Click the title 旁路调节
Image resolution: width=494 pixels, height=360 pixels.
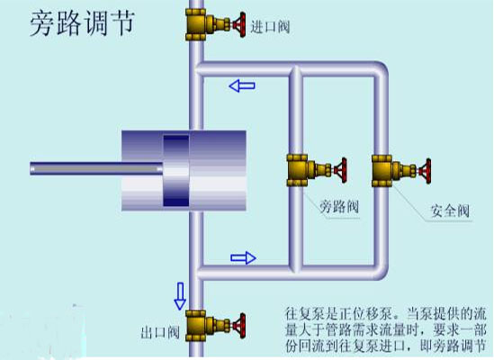click(x=83, y=23)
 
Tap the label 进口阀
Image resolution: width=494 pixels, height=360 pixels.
click(x=270, y=27)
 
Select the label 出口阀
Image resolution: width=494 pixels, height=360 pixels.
click(x=160, y=332)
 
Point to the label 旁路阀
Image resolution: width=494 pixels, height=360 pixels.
click(x=339, y=207)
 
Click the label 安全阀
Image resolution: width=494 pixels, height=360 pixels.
click(x=450, y=211)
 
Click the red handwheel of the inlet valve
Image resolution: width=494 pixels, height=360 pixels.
click(x=241, y=25)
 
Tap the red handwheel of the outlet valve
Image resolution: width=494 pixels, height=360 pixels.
click(x=241, y=326)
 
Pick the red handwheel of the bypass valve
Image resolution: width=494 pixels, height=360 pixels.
click(x=342, y=170)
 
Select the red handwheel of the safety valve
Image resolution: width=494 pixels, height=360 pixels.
click(x=427, y=170)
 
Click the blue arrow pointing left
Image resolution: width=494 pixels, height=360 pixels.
click(x=242, y=85)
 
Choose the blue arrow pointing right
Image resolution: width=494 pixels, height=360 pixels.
click(x=243, y=258)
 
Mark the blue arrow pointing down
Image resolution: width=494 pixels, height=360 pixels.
click(x=180, y=296)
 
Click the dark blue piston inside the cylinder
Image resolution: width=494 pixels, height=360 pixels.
click(x=176, y=170)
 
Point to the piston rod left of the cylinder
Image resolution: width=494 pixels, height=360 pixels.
click(x=96, y=168)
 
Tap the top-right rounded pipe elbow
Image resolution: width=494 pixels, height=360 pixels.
click(x=380, y=69)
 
